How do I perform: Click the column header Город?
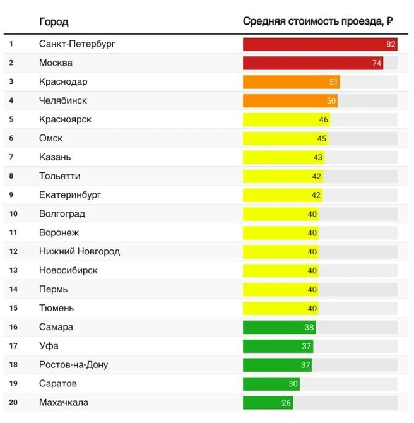coord(54,21)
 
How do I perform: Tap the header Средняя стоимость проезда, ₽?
coord(318,21)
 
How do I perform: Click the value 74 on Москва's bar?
coord(377,63)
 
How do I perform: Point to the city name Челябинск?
coord(63,100)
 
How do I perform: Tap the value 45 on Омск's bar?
coord(322,138)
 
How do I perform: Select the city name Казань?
coord(55,157)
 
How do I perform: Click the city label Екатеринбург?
coord(70,195)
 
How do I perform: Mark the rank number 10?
coord(11,214)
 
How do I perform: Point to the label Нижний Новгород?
coord(80,251)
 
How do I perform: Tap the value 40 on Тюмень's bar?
coord(312,308)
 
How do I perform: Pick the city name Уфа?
coord(49,346)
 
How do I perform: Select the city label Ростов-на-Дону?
coord(74,365)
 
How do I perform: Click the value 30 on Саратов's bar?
coord(293,384)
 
